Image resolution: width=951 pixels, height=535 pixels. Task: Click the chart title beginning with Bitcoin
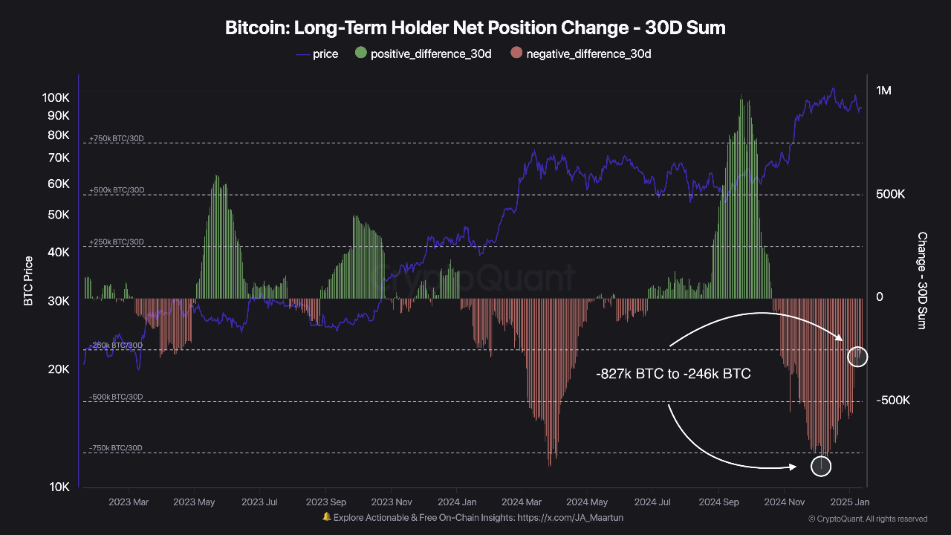[x=475, y=28]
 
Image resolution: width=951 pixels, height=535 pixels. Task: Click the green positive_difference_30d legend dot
[x=361, y=53]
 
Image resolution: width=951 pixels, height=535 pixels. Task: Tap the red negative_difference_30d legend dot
[x=516, y=53]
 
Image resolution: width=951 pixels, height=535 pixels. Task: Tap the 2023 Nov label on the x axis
[x=392, y=502]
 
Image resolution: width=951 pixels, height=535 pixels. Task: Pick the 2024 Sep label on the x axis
[x=720, y=502]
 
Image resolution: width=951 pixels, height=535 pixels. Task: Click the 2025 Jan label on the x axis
[x=850, y=502]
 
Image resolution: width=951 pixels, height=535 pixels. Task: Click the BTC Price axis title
[x=28, y=281]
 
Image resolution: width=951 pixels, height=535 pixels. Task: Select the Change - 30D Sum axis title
[x=922, y=281]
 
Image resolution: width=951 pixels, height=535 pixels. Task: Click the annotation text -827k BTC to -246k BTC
[x=673, y=374]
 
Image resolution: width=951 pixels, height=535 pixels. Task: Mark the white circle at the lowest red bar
[x=821, y=466]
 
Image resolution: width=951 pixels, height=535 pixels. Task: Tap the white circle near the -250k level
[x=857, y=356]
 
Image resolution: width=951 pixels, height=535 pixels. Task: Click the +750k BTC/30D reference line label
[x=117, y=139]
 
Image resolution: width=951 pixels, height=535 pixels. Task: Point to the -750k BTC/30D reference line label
[x=116, y=448]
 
